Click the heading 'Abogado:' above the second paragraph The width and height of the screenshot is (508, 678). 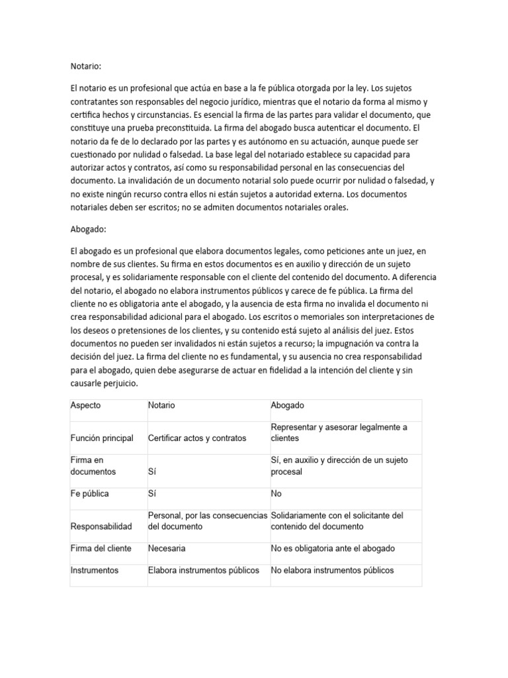tap(89, 229)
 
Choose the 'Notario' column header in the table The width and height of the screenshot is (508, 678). tap(161, 405)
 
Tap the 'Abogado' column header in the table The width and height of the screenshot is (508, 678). tap(287, 405)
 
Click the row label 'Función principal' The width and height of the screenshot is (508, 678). tap(102, 438)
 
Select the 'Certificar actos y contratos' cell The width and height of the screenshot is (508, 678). tap(196, 438)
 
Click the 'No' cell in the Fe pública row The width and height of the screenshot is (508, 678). tap(276, 493)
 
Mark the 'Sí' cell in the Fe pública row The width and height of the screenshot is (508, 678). tap(153, 493)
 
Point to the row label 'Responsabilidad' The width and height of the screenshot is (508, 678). tap(101, 526)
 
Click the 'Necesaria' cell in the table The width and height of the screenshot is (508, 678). tap(167, 548)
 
